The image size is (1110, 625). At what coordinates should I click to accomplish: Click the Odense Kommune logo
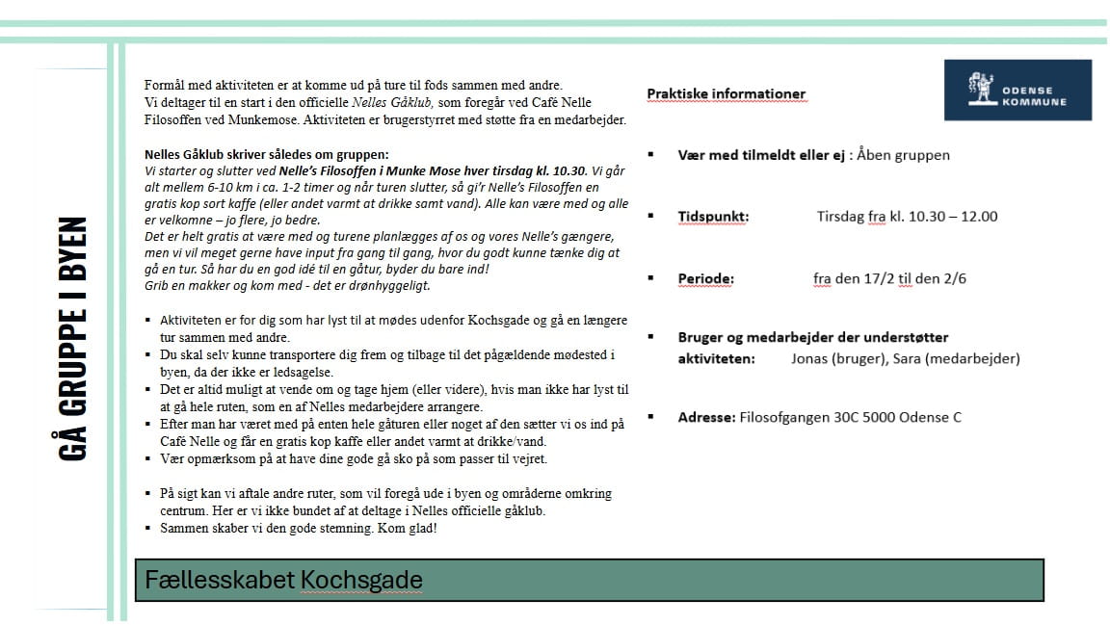pyautogui.click(x=1017, y=90)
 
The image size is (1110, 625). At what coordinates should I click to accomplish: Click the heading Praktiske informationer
pyautogui.click(x=726, y=94)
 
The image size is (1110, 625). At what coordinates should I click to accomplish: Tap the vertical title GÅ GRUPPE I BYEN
pyautogui.click(x=73, y=338)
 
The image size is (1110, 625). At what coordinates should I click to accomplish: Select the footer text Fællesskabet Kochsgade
pyautogui.click(x=283, y=580)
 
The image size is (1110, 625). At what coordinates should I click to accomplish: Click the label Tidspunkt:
pyautogui.click(x=713, y=217)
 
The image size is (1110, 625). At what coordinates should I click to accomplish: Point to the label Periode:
pyautogui.click(x=705, y=279)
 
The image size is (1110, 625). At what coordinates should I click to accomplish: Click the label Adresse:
pyautogui.click(x=706, y=418)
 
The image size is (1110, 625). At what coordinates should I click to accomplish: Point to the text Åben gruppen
pyautogui.click(x=905, y=155)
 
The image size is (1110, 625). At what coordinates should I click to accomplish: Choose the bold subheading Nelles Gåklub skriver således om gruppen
pyautogui.click(x=267, y=154)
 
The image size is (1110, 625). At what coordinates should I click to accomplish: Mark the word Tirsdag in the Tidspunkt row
pyautogui.click(x=839, y=217)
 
